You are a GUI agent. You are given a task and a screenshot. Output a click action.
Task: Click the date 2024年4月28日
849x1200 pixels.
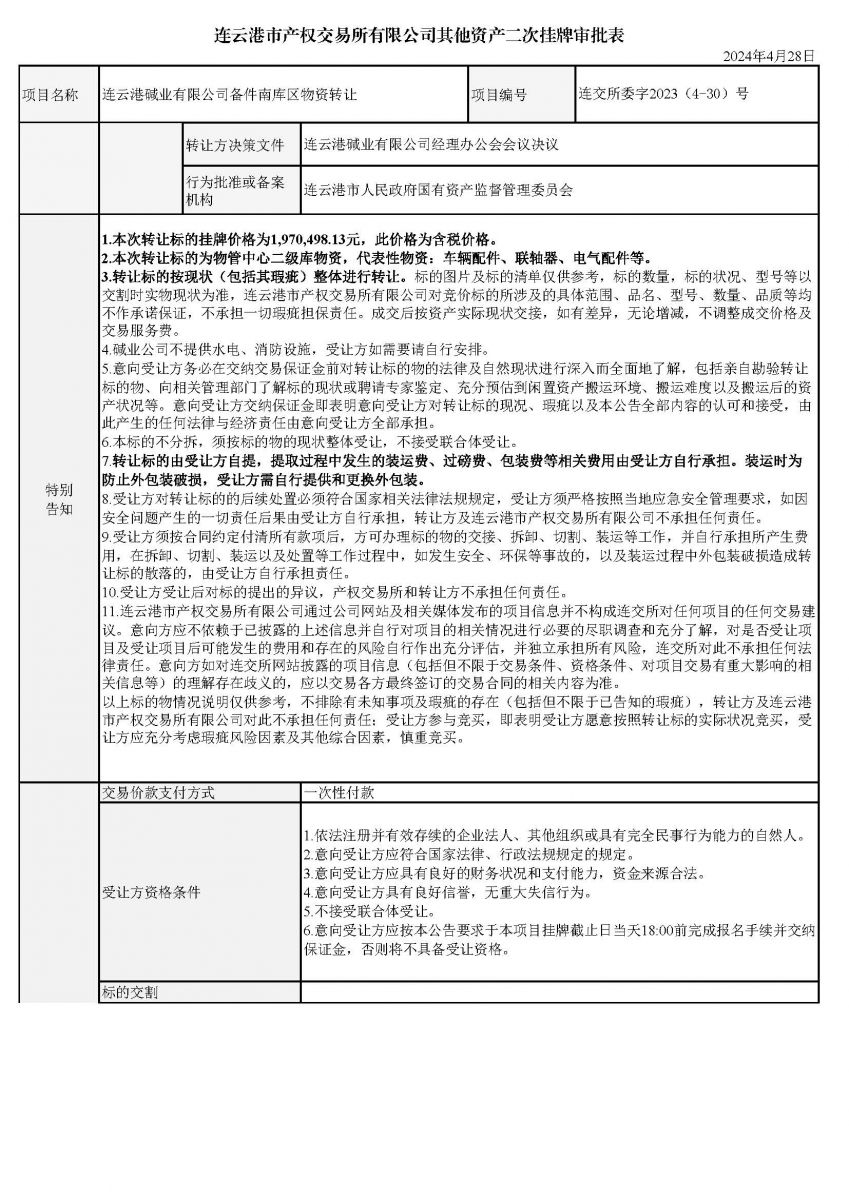coord(767,56)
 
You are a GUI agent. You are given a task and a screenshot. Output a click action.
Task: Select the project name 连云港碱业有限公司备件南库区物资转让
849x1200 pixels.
coord(230,95)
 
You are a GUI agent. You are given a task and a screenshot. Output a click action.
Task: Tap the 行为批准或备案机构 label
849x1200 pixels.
coord(235,190)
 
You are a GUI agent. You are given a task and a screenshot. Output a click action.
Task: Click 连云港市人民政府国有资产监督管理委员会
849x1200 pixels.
coord(439,190)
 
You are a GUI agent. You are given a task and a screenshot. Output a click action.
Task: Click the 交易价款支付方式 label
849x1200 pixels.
coord(159,792)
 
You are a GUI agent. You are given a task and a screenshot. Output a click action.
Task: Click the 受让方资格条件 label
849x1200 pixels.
coord(152,891)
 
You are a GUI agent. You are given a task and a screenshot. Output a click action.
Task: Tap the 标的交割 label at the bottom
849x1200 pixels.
coord(131,992)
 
